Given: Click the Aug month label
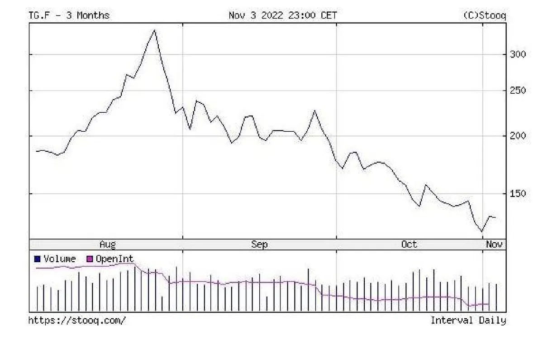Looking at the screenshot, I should (108, 245).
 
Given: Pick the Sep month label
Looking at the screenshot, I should (259, 245).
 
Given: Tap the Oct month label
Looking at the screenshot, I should (409, 245).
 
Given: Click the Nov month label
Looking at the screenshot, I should (494, 245).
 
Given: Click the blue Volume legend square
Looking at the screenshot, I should (38, 259).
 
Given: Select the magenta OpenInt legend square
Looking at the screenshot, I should (90, 259).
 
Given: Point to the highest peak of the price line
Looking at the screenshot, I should (155, 30).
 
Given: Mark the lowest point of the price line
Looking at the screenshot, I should (482, 231).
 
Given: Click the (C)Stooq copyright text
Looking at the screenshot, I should (485, 15).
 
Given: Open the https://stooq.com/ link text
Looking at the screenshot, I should (77, 321).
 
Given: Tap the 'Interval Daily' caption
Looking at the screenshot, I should (468, 321).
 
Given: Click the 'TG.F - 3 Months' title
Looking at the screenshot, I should (69, 15).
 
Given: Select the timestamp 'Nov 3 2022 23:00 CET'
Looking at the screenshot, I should (283, 15).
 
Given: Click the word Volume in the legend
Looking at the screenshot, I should (60, 259).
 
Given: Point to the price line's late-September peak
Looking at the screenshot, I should (315, 110).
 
